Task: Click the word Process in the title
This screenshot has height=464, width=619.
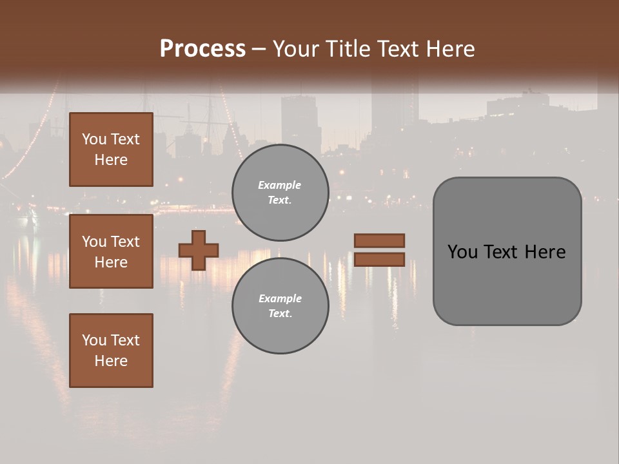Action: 202,49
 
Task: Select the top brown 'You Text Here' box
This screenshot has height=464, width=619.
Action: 111,150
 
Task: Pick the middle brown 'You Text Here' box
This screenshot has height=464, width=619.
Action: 111,251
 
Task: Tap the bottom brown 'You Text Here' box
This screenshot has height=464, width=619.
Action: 111,351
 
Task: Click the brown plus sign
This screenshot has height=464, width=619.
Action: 199,250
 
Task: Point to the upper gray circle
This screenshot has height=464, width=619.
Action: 280,193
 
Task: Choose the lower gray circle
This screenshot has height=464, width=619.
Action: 280,306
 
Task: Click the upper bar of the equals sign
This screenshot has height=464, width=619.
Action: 379,240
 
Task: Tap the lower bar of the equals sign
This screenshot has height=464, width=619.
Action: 379,259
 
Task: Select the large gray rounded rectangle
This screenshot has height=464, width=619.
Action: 507,251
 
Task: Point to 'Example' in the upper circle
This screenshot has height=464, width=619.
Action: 280,185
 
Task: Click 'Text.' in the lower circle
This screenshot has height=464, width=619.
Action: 280,314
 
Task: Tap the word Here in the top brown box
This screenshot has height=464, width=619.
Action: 111,160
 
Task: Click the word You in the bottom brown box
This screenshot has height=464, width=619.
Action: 94,340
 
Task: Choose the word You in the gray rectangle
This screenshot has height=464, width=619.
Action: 462,252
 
